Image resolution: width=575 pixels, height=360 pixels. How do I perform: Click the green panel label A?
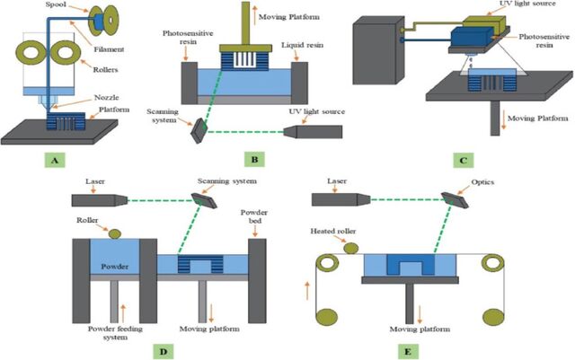point(55,160)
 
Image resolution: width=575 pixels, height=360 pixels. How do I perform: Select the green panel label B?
point(254,159)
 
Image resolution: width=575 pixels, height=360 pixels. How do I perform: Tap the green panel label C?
point(464,160)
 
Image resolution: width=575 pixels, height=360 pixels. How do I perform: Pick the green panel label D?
point(164,352)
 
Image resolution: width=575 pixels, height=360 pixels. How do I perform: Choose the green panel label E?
point(408,352)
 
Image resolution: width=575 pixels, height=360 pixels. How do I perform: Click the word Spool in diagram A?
point(56,5)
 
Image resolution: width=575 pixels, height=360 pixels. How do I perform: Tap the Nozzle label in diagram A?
point(106,97)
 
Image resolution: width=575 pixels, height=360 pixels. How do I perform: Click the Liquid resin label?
point(302,45)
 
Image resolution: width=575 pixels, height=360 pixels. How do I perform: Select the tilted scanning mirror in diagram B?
point(199,130)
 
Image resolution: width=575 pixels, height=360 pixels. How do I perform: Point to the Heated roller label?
point(333,231)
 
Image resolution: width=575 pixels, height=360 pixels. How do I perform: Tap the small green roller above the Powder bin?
point(115,234)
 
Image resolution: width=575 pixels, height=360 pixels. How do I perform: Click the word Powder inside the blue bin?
point(115,267)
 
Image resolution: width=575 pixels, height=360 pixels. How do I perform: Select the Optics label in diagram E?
point(482,182)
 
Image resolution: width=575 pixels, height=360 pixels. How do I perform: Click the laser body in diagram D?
point(100,200)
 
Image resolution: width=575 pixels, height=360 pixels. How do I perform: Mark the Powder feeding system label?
point(115,332)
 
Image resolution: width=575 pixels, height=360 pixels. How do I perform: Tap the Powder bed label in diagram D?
point(254,216)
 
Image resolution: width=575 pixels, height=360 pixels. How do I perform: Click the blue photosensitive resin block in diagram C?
point(471,39)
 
